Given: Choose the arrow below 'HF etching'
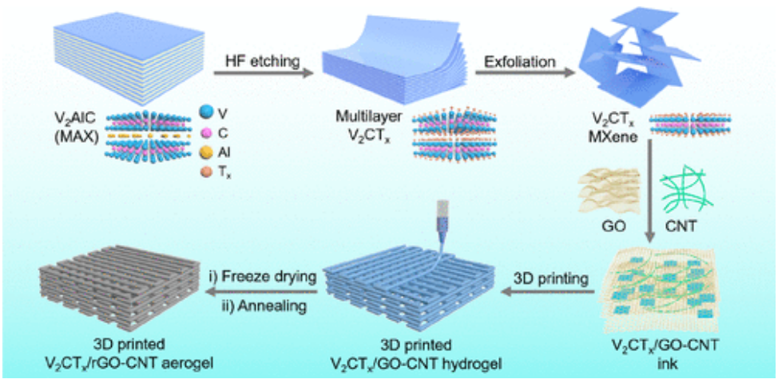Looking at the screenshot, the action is tap(264, 73).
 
